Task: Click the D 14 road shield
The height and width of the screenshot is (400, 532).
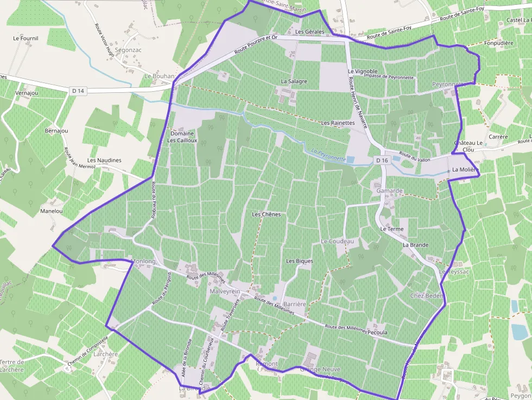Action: click(78, 91)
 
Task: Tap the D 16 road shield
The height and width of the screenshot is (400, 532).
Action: click(382, 160)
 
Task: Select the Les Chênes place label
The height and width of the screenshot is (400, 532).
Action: click(267, 214)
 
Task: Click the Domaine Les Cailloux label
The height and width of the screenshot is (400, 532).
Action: click(182, 137)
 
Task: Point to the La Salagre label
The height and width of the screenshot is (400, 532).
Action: click(294, 81)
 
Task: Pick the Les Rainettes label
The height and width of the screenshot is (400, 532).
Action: click(338, 123)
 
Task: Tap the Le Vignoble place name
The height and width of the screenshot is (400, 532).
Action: click(363, 72)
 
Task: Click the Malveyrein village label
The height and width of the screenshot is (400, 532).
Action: click(225, 291)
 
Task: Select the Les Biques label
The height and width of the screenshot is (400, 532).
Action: click(300, 261)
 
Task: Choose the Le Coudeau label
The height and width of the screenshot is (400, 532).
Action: click(337, 241)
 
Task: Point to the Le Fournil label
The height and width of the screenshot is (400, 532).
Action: click(26, 39)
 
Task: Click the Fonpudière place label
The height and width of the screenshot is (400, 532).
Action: click(498, 43)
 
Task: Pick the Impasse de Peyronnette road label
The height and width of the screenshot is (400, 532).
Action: click(389, 77)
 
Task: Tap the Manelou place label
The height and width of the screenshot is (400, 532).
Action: click(52, 211)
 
